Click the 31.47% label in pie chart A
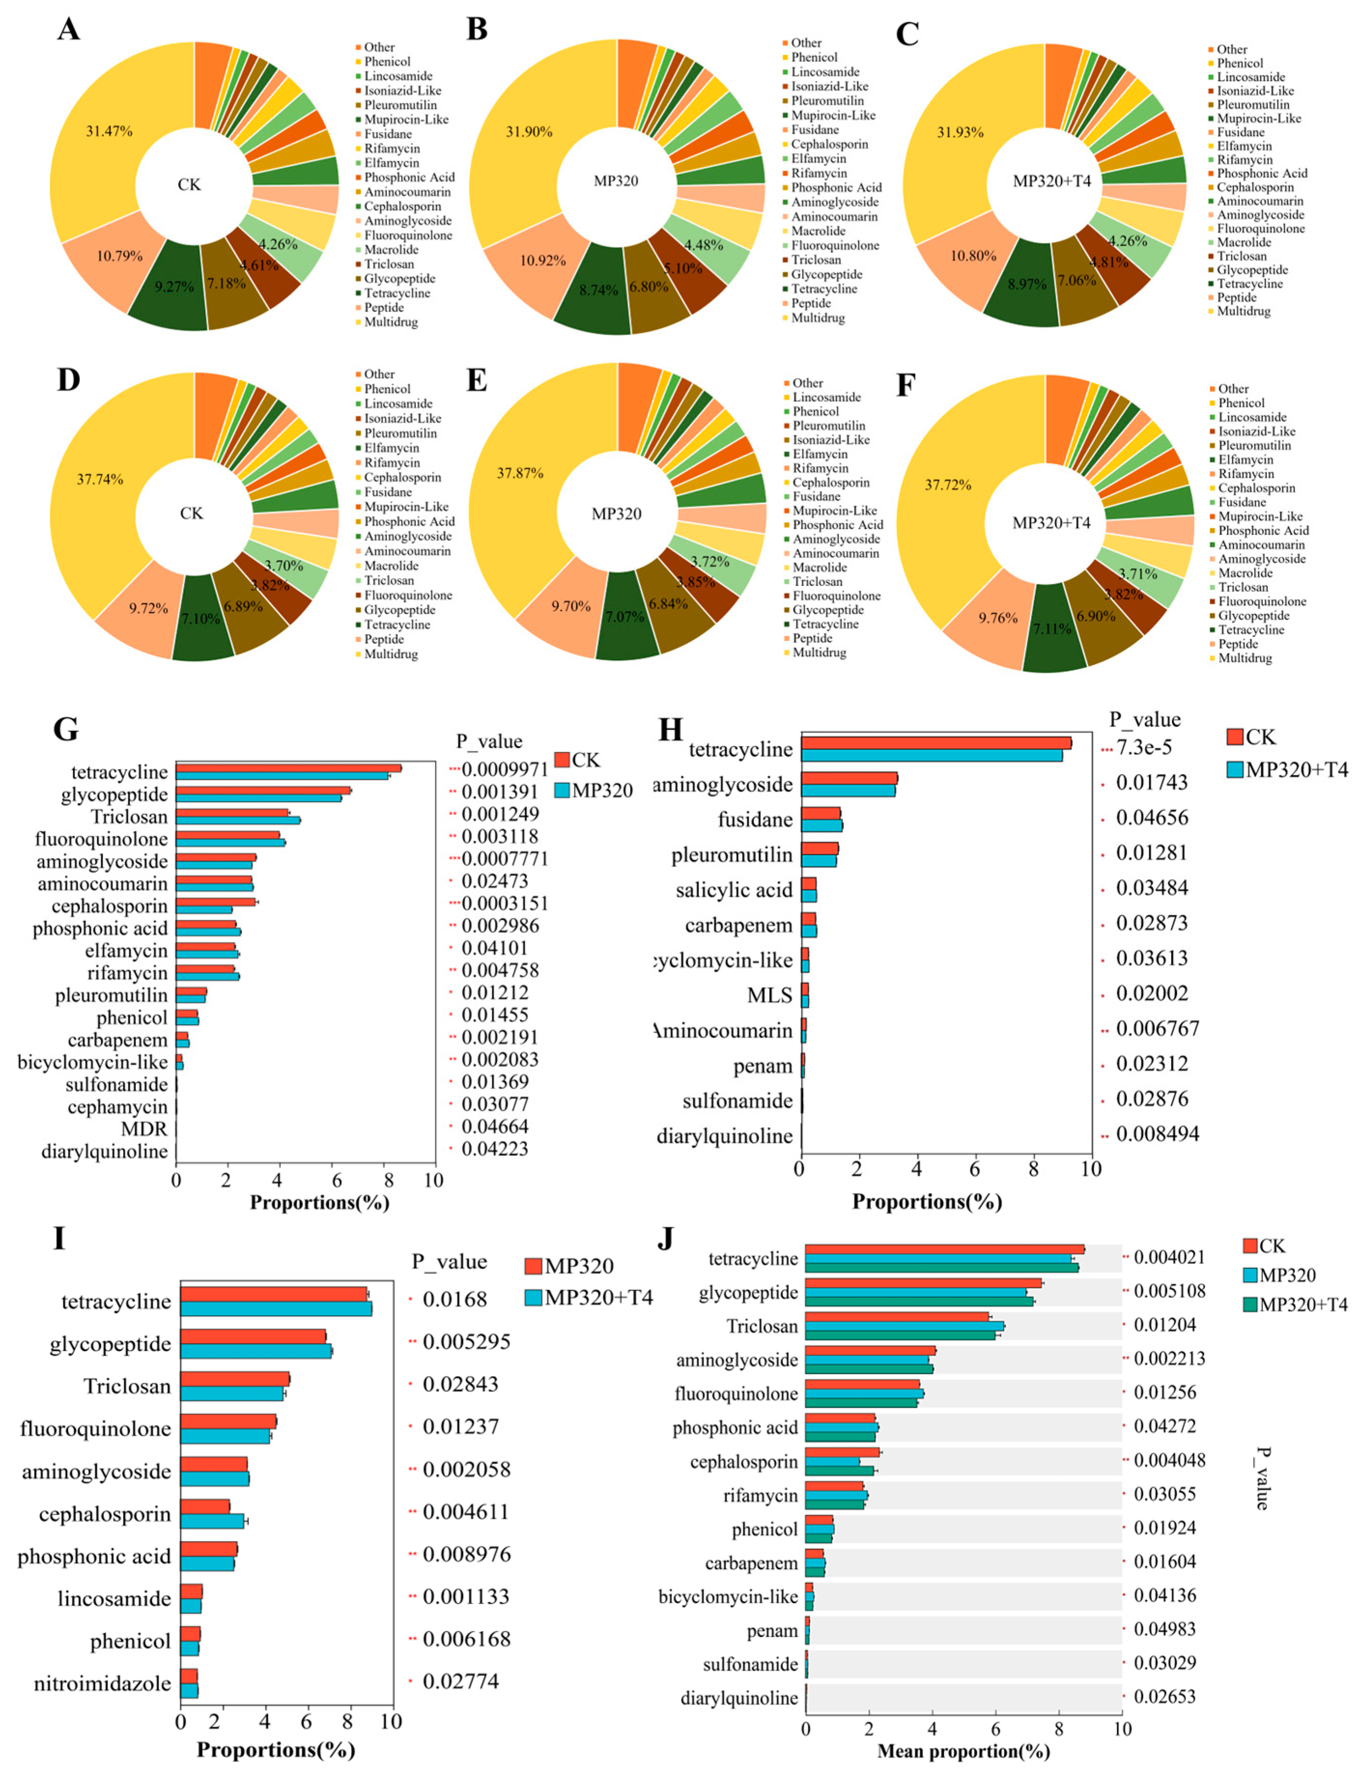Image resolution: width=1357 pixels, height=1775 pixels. click(x=109, y=131)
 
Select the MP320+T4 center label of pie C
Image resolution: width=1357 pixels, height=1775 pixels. click(x=1052, y=181)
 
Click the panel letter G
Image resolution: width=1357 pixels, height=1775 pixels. click(x=66, y=729)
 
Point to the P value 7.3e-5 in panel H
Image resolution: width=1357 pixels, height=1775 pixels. click(x=1144, y=747)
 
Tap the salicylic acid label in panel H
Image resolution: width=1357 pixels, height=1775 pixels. click(x=734, y=890)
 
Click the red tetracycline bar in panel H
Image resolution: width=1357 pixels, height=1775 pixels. click(x=936, y=742)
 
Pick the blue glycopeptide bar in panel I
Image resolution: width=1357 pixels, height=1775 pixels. click(x=255, y=1351)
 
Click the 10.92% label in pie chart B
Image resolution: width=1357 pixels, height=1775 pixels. click(x=542, y=260)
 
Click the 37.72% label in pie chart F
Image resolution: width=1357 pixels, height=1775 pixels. click(x=948, y=485)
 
